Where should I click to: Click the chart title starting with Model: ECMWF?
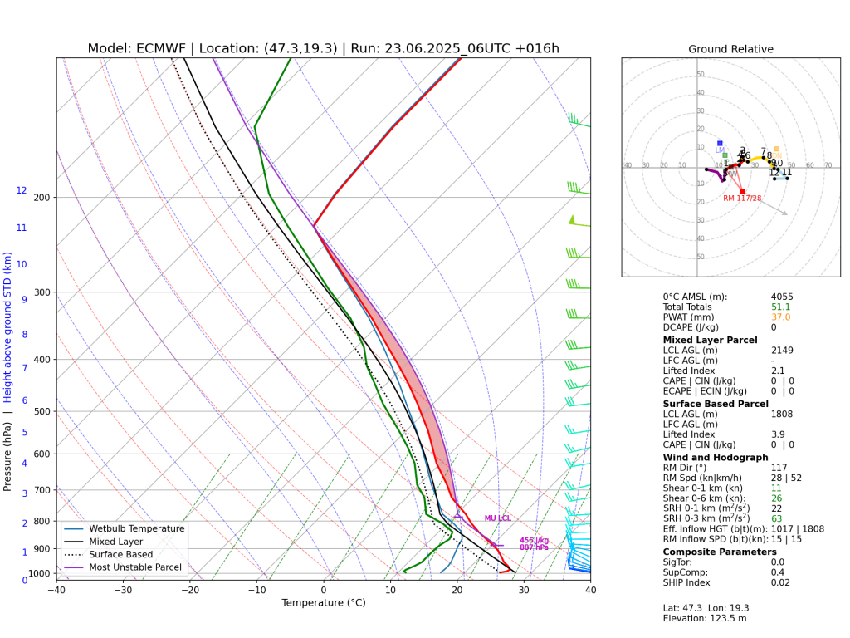tap(323, 48)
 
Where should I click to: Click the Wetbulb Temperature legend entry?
tap(139, 528)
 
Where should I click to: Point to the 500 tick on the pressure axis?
tap(42, 411)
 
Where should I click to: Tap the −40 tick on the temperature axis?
tap(56, 591)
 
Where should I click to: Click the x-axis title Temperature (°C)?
tap(323, 603)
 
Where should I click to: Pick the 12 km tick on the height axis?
tap(22, 190)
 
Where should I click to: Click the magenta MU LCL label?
tap(497, 518)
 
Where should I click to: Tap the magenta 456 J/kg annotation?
tap(534, 540)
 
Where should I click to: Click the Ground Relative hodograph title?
tap(730, 49)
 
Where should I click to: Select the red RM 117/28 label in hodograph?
tap(741, 198)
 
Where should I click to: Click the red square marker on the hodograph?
tap(742, 191)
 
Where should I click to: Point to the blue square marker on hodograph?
tap(720, 143)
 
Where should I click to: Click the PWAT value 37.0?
tap(780, 317)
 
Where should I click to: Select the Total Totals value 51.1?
tap(780, 307)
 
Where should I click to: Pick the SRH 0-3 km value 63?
tap(777, 519)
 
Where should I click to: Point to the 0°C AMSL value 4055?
tap(782, 297)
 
